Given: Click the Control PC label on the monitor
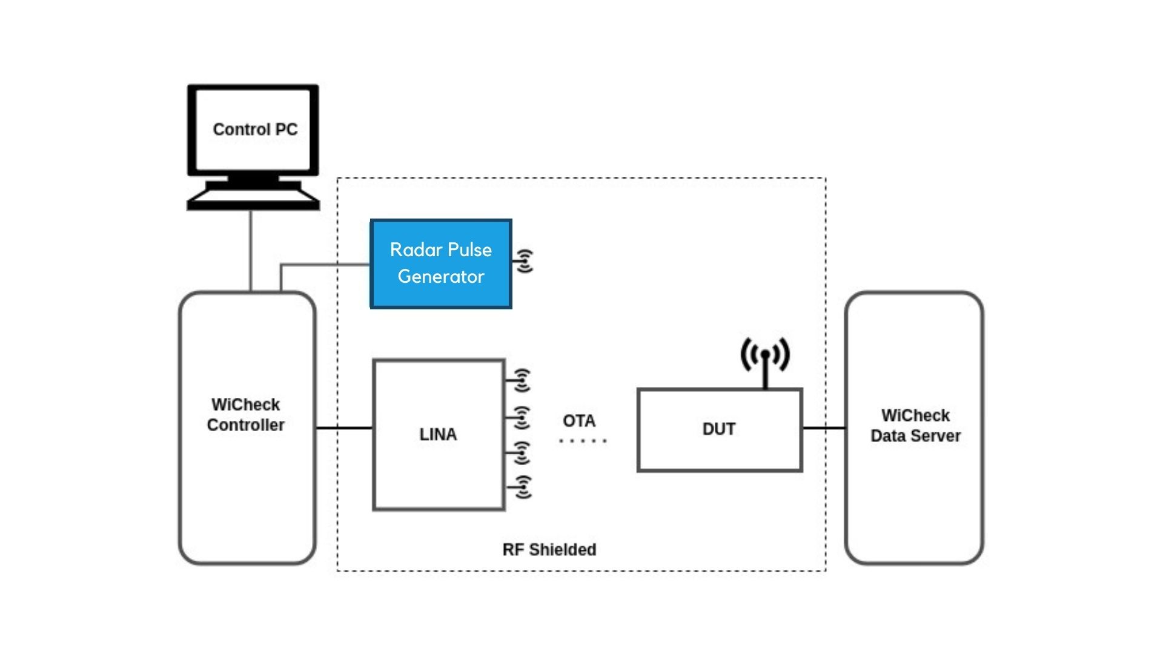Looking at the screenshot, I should tap(255, 130).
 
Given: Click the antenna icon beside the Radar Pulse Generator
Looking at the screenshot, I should tap(525, 261).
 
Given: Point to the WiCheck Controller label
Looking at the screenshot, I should tap(246, 415).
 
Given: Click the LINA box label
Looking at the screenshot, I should tap(438, 434).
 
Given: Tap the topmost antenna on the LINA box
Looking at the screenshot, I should tap(521, 380).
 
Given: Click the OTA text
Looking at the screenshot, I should tap(579, 420).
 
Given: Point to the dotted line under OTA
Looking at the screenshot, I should tap(582, 441).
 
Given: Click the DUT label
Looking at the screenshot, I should tap(719, 429).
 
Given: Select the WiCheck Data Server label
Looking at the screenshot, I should tap(915, 425).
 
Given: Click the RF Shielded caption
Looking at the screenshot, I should tap(549, 549).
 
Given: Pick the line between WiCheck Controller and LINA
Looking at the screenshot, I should tap(344, 428).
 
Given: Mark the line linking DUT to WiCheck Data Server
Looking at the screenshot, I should tap(824, 428).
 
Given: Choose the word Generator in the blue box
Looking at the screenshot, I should tap(441, 277).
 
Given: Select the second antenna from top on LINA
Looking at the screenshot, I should tap(521, 417).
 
